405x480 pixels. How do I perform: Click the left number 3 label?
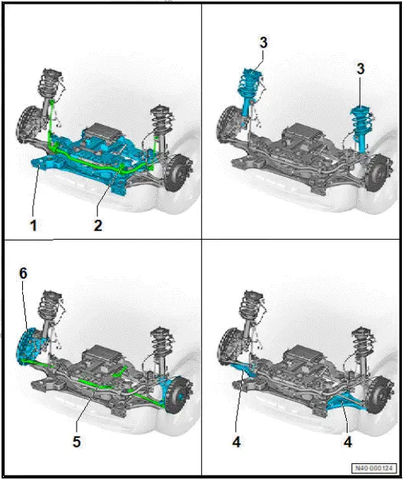click(263, 42)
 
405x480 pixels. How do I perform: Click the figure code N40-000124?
click(376, 468)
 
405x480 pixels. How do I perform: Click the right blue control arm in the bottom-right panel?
click(343, 397)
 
